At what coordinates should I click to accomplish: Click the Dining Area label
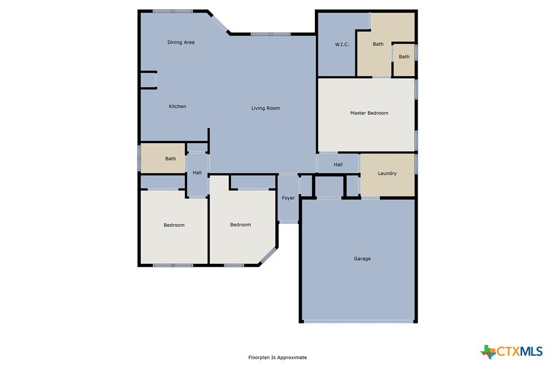click(181, 42)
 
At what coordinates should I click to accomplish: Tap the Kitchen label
click(177, 106)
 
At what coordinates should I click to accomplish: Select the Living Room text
click(265, 108)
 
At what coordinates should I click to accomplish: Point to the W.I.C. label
click(342, 44)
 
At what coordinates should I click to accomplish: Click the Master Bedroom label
click(369, 113)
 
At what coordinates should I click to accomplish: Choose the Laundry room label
click(387, 173)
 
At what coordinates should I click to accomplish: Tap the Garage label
click(362, 259)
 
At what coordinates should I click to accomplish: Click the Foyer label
click(288, 198)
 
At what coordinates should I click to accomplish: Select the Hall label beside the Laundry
click(338, 164)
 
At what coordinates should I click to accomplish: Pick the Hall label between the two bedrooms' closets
click(197, 172)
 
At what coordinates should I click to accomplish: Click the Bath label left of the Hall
click(171, 158)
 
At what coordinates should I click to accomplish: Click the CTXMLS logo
click(511, 352)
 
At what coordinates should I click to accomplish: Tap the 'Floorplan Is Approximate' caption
click(277, 357)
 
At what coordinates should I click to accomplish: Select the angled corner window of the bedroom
click(268, 256)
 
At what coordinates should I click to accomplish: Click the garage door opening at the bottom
click(359, 321)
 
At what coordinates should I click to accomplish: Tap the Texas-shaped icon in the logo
click(488, 352)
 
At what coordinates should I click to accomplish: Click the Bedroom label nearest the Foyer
click(240, 224)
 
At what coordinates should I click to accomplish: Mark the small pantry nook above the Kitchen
click(148, 80)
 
